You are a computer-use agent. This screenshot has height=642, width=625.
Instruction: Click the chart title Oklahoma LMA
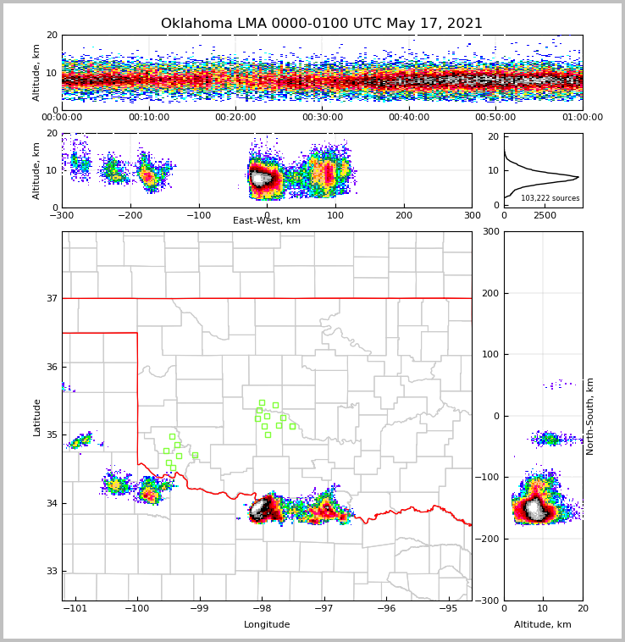(321, 24)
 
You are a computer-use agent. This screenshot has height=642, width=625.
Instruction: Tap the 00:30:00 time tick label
(323, 118)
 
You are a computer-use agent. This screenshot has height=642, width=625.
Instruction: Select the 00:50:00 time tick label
(495, 118)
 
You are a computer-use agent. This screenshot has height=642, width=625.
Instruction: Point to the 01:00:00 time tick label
(582, 118)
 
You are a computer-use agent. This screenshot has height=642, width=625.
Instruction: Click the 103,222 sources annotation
(550, 198)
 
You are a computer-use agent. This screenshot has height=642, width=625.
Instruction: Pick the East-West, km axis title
(267, 221)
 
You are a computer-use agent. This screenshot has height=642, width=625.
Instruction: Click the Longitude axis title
(267, 625)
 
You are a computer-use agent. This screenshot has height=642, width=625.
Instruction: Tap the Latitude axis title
(37, 417)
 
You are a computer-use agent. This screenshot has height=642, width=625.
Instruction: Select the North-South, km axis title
(590, 416)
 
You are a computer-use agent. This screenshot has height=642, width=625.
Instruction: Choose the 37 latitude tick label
(51, 298)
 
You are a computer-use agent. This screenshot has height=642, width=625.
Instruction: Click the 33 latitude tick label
(51, 571)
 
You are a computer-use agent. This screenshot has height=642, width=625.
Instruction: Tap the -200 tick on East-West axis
(130, 215)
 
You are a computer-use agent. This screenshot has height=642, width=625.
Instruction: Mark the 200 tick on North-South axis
(489, 293)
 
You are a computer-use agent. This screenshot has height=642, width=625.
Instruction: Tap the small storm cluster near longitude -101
(81, 440)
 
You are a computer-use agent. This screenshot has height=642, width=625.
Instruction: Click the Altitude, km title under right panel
(543, 625)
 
